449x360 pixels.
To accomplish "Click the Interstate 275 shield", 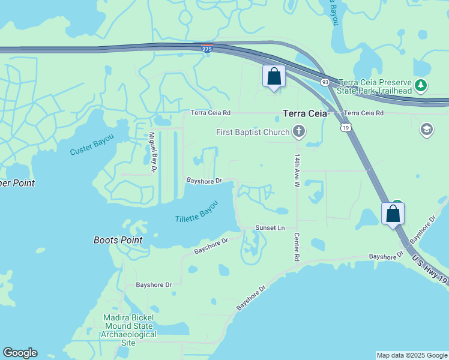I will point(206,50).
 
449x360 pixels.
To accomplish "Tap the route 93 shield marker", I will point(325,82).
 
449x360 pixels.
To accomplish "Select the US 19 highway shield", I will point(345,127).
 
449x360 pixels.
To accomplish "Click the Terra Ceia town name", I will point(305,113).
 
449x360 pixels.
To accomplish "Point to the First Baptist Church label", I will point(253,132).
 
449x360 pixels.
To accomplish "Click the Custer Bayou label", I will point(91,148).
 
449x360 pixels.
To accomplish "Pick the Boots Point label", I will point(118,240).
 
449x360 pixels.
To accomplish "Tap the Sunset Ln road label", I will point(270,228).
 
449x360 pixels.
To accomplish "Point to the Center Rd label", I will point(297,247).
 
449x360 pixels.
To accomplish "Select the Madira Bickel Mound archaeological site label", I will point(128,330).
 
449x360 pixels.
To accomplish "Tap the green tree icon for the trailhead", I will point(421,86).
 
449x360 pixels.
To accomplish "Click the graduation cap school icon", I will point(427,130).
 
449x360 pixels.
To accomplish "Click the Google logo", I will point(20,353).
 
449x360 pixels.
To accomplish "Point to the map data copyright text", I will point(412,355).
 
